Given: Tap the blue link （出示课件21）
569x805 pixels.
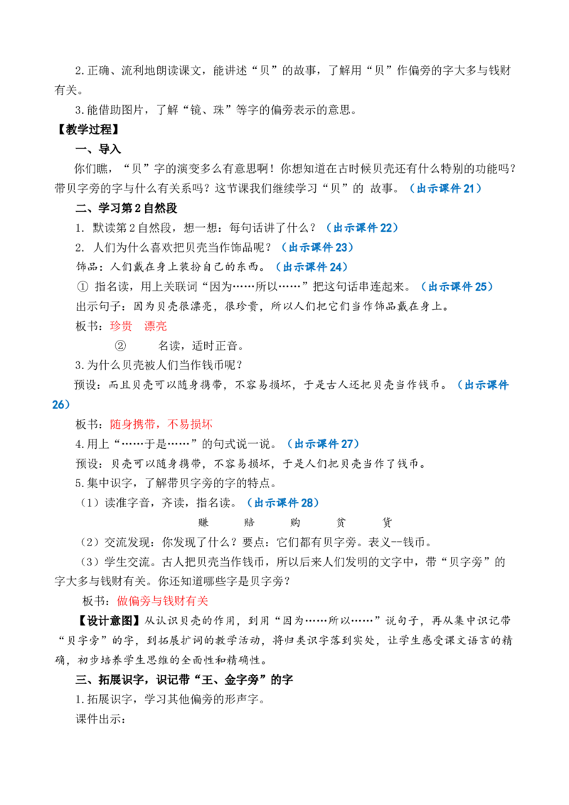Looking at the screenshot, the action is [x=445, y=188].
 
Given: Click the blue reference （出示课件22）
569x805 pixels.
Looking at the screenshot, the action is [x=362, y=228].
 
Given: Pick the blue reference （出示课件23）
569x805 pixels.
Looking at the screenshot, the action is [x=318, y=247].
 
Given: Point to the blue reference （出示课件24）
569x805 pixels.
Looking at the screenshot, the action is [x=312, y=267].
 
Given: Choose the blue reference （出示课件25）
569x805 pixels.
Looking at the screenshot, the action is [x=457, y=287].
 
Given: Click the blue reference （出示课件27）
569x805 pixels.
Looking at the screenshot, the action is [x=323, y=444].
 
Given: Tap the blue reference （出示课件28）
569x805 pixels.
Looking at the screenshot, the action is [x=283, y=503].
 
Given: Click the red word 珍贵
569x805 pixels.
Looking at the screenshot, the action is [x=121, y=326].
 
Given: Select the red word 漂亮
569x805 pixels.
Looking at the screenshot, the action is [x=156, y=326].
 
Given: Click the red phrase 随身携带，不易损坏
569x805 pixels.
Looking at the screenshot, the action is [x=161, y=424].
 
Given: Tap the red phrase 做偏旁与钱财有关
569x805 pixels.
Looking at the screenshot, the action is [x=163, y=601].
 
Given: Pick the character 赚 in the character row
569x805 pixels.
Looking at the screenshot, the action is [x=203, y=523].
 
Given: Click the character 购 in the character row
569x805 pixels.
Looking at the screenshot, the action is [x=294, y=523].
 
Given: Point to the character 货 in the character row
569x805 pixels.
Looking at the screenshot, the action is [x=387, y=523].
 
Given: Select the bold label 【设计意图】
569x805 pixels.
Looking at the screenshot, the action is [x=108, y=621].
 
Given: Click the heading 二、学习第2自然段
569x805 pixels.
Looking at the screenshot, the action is [x=127, y=208].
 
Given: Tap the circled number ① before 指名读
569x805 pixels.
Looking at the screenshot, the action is [x=83, y=287].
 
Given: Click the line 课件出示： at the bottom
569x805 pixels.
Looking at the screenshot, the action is [x=101, y=719].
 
